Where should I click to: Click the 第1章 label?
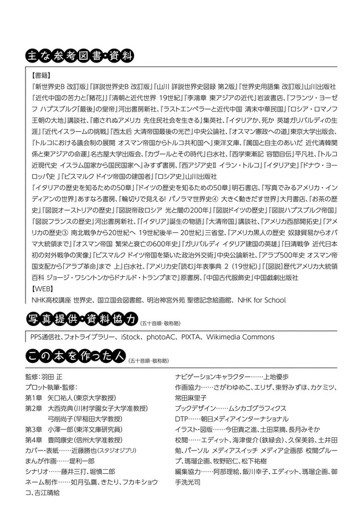35,397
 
